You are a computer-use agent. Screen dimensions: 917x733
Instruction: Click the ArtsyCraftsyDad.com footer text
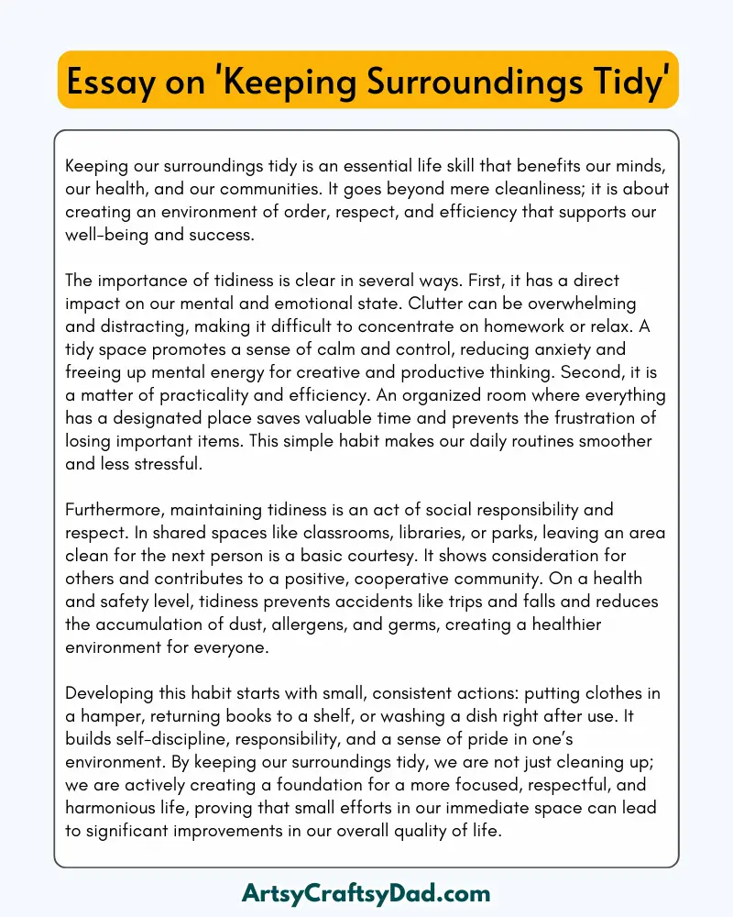point(366,892)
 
